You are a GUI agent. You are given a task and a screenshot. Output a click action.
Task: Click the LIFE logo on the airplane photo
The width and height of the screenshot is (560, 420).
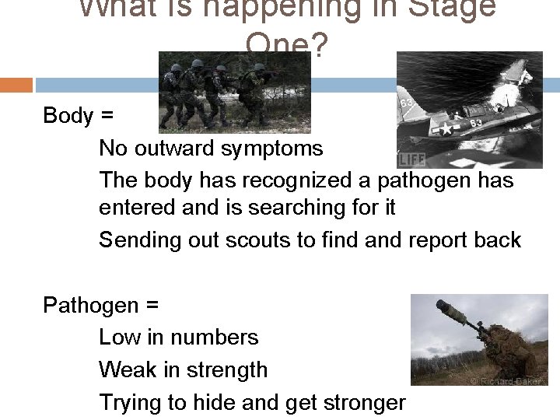coord(412,160)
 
